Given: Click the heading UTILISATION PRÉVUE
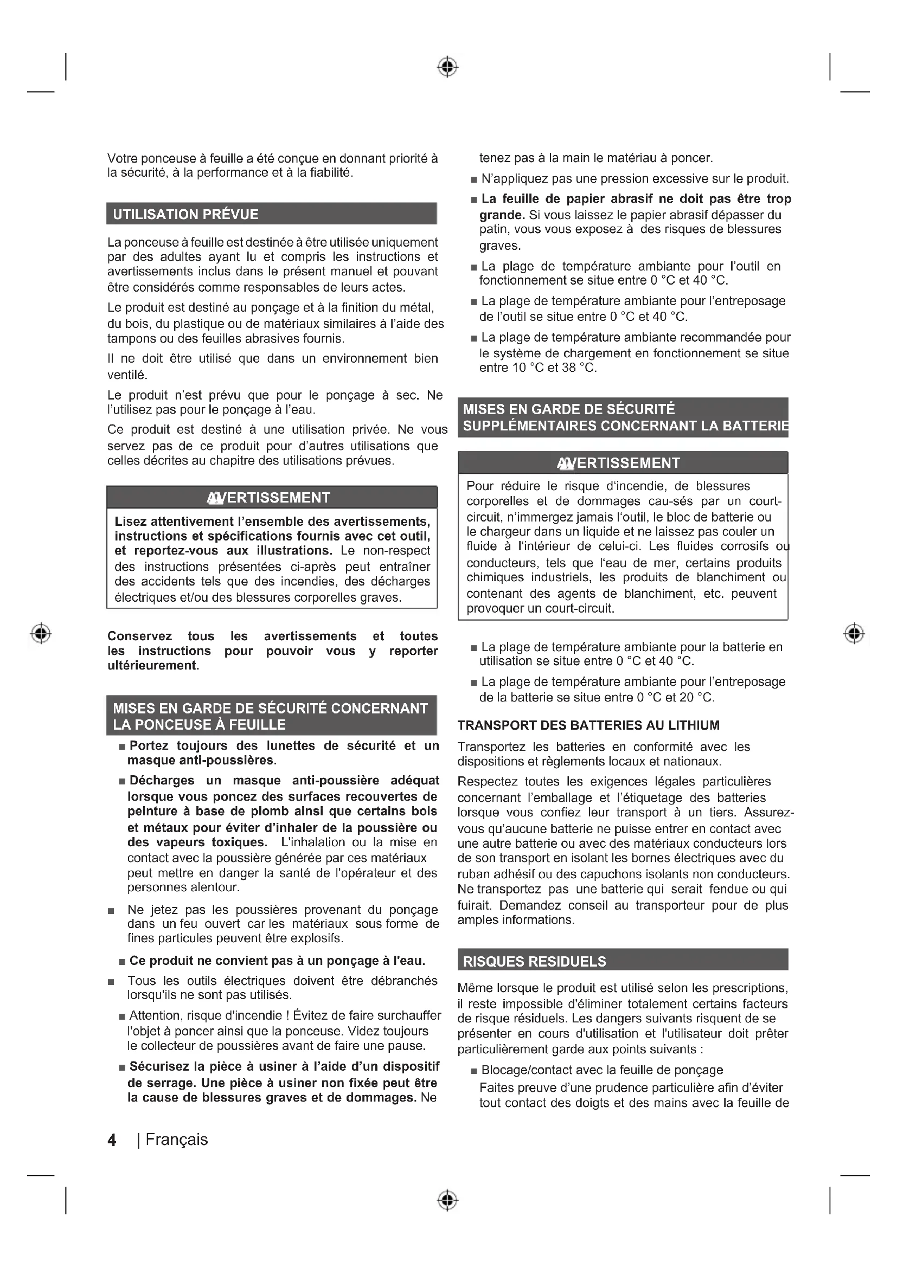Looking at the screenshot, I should pos(185,214).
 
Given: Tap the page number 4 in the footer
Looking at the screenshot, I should pos(112,1140).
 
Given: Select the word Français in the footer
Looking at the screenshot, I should pos(177,1140).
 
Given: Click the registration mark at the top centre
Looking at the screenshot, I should pos(448,67).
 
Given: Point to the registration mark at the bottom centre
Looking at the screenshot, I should pos(448,1201).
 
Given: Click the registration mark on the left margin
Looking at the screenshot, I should pos(41,633).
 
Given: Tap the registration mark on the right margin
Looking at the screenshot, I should pos(854,633).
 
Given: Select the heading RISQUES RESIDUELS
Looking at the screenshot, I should pos(534,962).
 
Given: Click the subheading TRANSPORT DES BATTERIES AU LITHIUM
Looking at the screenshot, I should pos(588,725).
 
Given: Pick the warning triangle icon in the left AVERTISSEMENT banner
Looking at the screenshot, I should pos(215,499).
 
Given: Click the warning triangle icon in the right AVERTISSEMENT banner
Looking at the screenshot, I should pos(566,464).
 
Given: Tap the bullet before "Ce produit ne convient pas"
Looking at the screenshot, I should pos(122,962).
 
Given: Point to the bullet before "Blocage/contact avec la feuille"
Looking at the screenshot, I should pos(474,1071).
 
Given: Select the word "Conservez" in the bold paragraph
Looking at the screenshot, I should pos(139,636).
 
